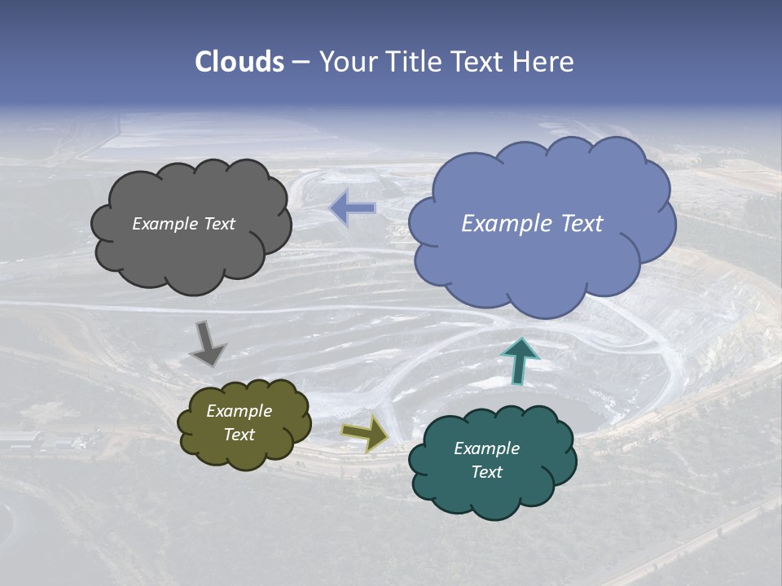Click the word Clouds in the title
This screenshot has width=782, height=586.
point(239,62)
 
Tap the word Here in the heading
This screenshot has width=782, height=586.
point(545,62)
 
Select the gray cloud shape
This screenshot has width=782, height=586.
point(191,252)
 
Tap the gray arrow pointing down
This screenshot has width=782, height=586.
point(209,343)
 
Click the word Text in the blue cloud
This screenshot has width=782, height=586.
point(582,224)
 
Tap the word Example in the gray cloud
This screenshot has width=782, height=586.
point(165,224)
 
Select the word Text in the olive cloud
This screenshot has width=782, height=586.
point(239,435)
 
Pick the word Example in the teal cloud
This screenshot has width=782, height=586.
point(486,448)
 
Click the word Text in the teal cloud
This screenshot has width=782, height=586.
point(486,472)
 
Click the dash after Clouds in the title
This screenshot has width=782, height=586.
point(300,63)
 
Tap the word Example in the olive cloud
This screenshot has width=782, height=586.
point(239,411)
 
